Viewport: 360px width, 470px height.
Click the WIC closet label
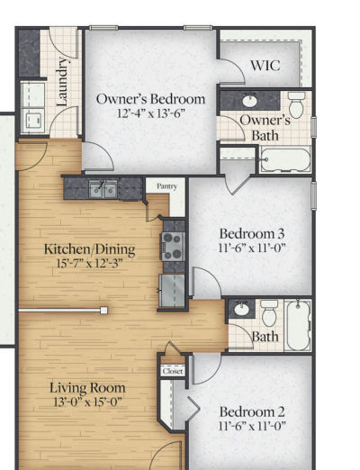click(265, 67)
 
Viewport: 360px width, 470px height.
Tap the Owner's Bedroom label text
click(150, 99)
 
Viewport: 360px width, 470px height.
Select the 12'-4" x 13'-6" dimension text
click(150, 114)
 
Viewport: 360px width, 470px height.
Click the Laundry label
click(62, 82)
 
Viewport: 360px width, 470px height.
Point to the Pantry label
click(166, 186)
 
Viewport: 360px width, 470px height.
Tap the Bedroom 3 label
click(251, 230)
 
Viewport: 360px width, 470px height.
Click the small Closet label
click(172, 370)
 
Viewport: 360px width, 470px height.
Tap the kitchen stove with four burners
click(172, 246)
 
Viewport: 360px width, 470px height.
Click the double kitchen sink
click(103, 189)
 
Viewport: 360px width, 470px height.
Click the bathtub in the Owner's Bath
click(284, 160)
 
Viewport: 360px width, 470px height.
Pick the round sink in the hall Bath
click(240, 311)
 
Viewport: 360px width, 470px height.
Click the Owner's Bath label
click(265, 128)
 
